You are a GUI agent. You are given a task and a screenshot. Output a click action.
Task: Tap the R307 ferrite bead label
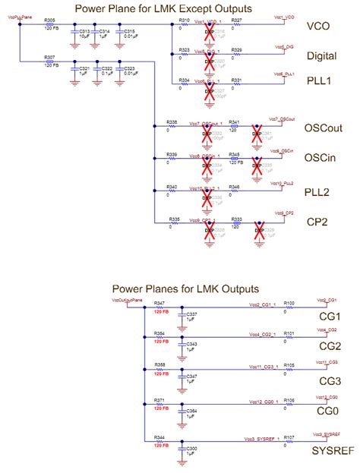49,57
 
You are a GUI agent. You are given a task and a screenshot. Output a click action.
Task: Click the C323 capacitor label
129,69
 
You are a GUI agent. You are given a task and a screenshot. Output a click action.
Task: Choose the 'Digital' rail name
321,55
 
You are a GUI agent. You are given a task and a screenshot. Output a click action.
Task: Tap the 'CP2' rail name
317,222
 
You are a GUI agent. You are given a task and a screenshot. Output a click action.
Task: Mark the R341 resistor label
235,121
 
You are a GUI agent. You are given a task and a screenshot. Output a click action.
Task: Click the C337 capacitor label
192,313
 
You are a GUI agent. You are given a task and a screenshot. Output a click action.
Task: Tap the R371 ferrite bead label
159,399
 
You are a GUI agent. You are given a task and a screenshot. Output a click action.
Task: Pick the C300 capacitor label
192,449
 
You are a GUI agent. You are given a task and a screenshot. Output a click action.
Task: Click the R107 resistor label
289,438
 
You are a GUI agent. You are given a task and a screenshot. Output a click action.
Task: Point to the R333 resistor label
236,218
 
